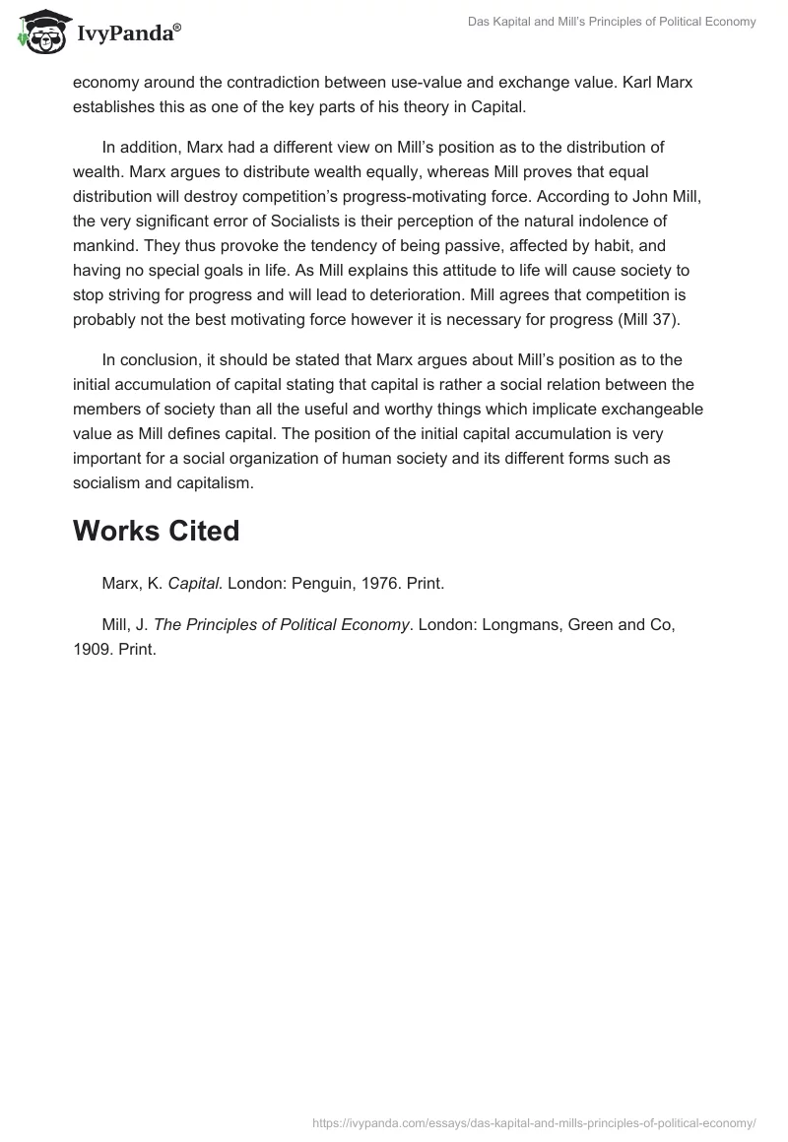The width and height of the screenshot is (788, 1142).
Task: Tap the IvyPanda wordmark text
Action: point(127,33)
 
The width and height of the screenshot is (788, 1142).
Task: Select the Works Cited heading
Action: point(156,531)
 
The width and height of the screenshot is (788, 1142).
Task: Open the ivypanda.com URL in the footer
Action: point(534,1122)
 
